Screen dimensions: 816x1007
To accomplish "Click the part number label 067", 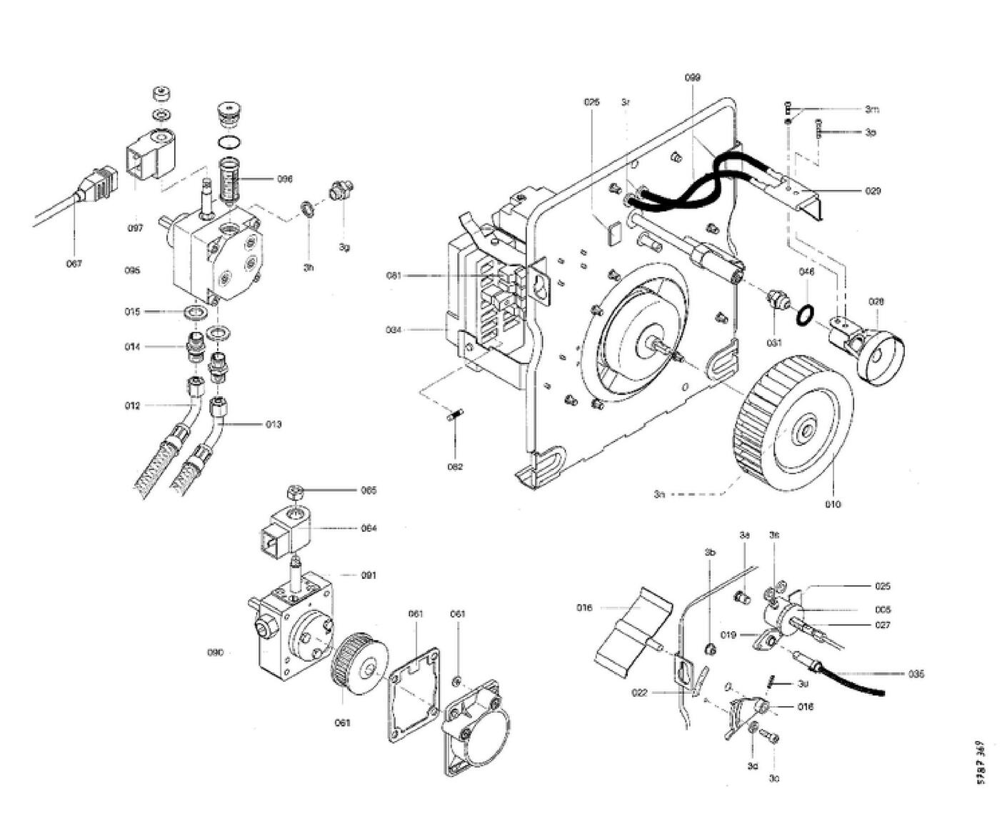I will click(74, 263).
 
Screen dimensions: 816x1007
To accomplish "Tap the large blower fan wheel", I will click(793, 421).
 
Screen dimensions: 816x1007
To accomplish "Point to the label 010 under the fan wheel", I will click(833, 504).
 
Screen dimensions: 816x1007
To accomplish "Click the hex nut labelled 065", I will click(292, 493).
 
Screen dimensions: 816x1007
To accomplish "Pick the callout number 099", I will click(692, 77).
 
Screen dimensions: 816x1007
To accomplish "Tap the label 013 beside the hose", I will click(274, 424).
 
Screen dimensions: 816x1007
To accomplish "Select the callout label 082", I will click(455, 467).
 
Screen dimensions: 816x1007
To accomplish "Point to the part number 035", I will click(916, 674).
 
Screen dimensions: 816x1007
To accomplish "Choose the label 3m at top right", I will click(871, 109).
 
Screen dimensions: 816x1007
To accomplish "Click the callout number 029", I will click(873, 191).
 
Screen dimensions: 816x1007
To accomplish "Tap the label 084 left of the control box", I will click(394, 330).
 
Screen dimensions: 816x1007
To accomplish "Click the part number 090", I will click(215, 653).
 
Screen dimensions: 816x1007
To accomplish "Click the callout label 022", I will click(639, 692).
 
